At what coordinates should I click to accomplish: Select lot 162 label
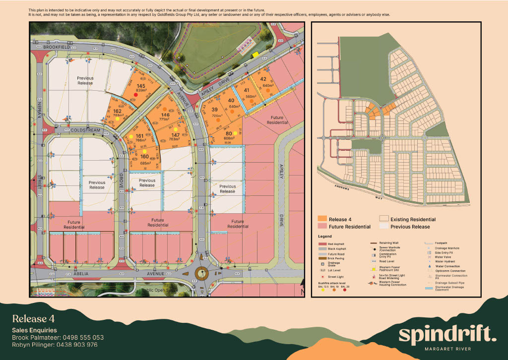(118, 111)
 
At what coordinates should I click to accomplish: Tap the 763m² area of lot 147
(175, 139)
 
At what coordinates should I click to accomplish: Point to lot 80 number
(229, 133)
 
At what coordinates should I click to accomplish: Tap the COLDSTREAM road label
(85, 130)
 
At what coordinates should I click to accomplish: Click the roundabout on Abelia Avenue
(202, 273)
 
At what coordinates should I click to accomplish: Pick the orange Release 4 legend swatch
(322, 219)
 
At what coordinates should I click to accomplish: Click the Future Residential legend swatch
(322, 227)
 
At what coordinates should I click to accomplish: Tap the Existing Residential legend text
(413, 219)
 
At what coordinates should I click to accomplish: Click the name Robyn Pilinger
(33, 344)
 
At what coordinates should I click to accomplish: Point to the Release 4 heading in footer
(33, 318)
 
